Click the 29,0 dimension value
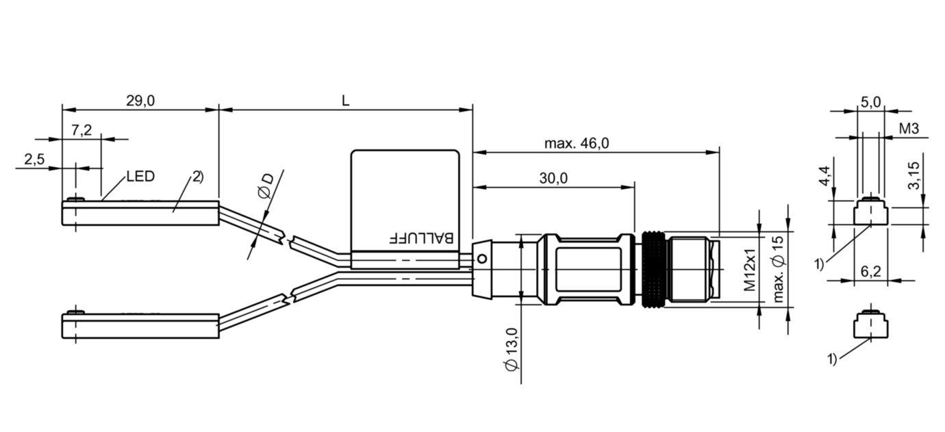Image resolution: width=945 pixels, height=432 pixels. pos(140,101)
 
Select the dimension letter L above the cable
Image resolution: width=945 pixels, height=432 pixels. pos(346,101)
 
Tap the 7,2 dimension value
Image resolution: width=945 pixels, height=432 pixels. pos(81,130)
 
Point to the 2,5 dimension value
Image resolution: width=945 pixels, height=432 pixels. pos(34,159)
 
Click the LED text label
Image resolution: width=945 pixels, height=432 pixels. pos(140,177)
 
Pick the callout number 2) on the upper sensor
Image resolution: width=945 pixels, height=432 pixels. pos(198,177)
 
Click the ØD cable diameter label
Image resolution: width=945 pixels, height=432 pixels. pos(266,186)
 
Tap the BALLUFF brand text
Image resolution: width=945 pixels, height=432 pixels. pos(421,238)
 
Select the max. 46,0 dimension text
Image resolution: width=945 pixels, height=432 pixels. pos(577,144)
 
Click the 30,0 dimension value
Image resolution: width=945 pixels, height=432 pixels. pos(553,179)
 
